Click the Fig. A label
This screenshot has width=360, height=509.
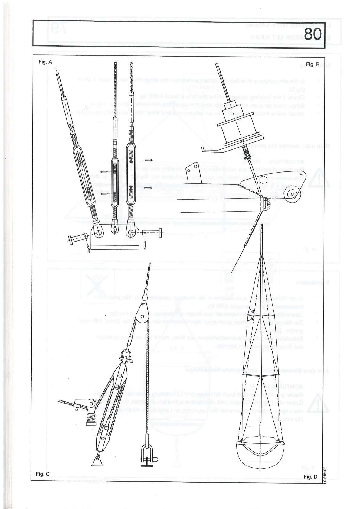tap(45, 62)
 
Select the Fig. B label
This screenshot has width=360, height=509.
tap(313, 64)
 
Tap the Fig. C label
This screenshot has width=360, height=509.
tap(43, 474)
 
